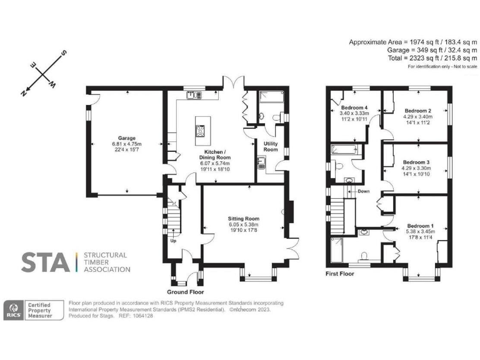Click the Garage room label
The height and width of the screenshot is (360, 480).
pyautogui.click(x=127, y=138)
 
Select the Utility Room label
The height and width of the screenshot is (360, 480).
pyautogui.click(x=271, y=146)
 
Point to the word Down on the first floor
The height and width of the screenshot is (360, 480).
pyautogui.click(x=363, y=191)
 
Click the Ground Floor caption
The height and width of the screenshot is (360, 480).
pyautogui.click(x=185, y=292)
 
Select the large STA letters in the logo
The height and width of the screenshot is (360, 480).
pyautogui.click(x=46, y=262)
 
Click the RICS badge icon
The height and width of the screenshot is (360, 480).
pyautogui.click(x=14, y=310)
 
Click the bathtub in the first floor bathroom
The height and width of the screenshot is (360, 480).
pyautogui.click(x=343, y=151)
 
